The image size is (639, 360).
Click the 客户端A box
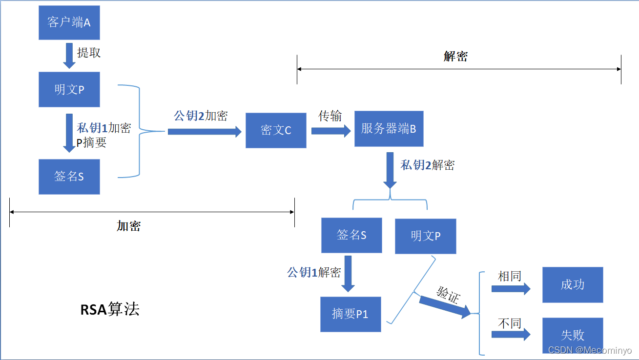[69, 22]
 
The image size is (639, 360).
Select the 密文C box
[276, 130]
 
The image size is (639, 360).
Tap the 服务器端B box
[389, 129]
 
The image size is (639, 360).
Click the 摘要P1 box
[350, 314]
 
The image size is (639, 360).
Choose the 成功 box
[573, 285]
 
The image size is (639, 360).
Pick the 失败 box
[573, 335]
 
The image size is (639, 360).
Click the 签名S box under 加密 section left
[69, 177]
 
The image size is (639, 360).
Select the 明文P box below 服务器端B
[426, 236]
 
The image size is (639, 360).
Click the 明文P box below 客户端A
[69, 90]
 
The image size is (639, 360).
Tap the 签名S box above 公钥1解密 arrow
[351, 235]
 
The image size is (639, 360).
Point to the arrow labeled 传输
[331, 131]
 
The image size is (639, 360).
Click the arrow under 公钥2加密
[205, 131]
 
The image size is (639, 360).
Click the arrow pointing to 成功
[511, 289]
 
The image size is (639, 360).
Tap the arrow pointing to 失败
[511, 335]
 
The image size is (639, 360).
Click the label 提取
[89, 53]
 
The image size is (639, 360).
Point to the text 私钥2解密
[428, 165]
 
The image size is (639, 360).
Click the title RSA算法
[110, 309]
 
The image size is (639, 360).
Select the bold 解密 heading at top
[455, 57]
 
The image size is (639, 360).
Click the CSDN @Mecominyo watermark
[590, 350]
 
